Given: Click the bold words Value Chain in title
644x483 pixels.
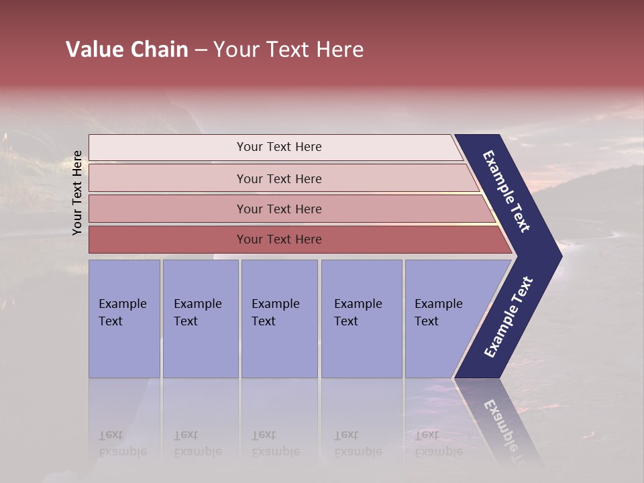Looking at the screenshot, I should [127, 50].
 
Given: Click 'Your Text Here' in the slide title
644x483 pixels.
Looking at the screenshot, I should [288, 50].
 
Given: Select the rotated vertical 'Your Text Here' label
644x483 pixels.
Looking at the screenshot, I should [77, 193].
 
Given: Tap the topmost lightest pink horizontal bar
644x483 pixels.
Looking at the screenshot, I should [278, 147].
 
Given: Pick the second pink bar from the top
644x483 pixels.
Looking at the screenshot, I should [278, 178].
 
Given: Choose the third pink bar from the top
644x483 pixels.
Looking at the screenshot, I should [278, 209].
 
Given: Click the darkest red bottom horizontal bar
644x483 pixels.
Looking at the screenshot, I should [278, 239].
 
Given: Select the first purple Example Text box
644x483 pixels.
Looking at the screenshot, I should [124, 318].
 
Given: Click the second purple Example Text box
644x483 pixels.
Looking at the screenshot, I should [200, 318].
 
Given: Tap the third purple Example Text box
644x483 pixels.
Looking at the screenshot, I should [279, 318].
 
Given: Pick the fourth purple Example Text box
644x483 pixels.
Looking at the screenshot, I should [361, 318].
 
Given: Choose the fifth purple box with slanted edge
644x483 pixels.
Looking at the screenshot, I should [443, 318].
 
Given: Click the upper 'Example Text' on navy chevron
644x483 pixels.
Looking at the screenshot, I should [506, 191].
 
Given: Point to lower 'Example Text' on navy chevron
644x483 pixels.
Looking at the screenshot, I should [508, 317].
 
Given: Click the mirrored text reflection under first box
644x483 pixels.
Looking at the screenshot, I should [123, 443].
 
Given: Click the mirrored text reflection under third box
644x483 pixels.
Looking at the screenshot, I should [276, 443].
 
